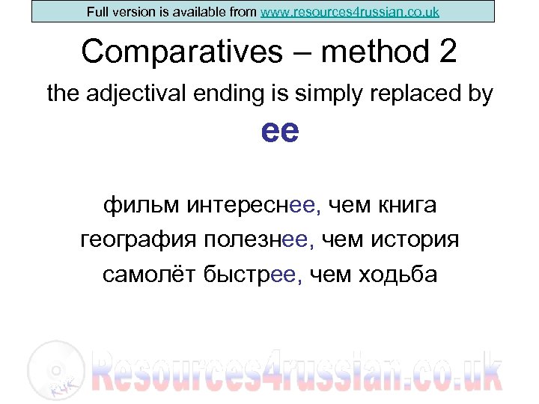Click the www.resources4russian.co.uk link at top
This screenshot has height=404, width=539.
(x=350, y=12)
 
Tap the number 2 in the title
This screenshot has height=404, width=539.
(x=444, y=52)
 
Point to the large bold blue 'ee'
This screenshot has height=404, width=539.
(x=280, y=132)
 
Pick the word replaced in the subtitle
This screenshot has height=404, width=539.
(x=415, y=94)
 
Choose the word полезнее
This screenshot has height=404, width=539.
(x=257, y=240)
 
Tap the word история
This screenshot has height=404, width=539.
(x=420, y=240)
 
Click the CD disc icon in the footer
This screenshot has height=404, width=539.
(x=50, y=368)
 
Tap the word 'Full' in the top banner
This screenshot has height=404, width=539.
(x=98, y=12)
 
